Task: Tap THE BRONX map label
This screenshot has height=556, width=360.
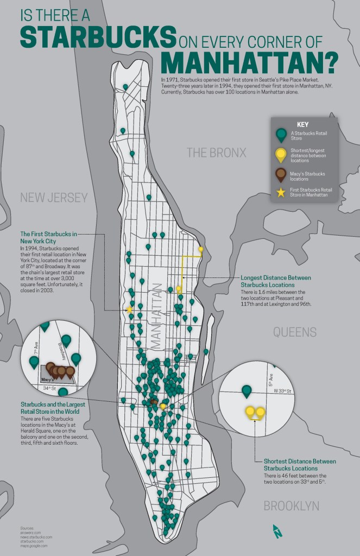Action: pyautogui.click(x=217, y=153)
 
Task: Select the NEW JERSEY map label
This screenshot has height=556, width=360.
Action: pyautogui.click(x=54, y=198)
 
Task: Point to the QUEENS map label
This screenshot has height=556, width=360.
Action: pyautogui.click(x=295, y=332)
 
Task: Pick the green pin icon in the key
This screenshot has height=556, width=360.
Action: pyautogui.click(x=281, y=136)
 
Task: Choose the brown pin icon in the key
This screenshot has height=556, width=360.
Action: pyautogui.click(x=281, y=175)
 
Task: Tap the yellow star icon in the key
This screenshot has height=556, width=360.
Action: pyautogui.click(x=281, y=192)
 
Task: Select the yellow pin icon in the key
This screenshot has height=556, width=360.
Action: pyautogui.click(x=281, y=155)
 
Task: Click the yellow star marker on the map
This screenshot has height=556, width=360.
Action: pyautogui.click(x=129, y=310)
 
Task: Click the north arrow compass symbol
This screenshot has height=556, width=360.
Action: pyautogui.click(x=277, y=531)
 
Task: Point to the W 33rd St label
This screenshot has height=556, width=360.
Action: pyautogui.click(x=282, y=391)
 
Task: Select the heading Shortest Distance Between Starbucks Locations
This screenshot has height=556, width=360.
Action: pyautogui.click(x=299, y=465)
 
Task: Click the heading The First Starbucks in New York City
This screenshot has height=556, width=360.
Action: pyautogui.click(x=45, y=237)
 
